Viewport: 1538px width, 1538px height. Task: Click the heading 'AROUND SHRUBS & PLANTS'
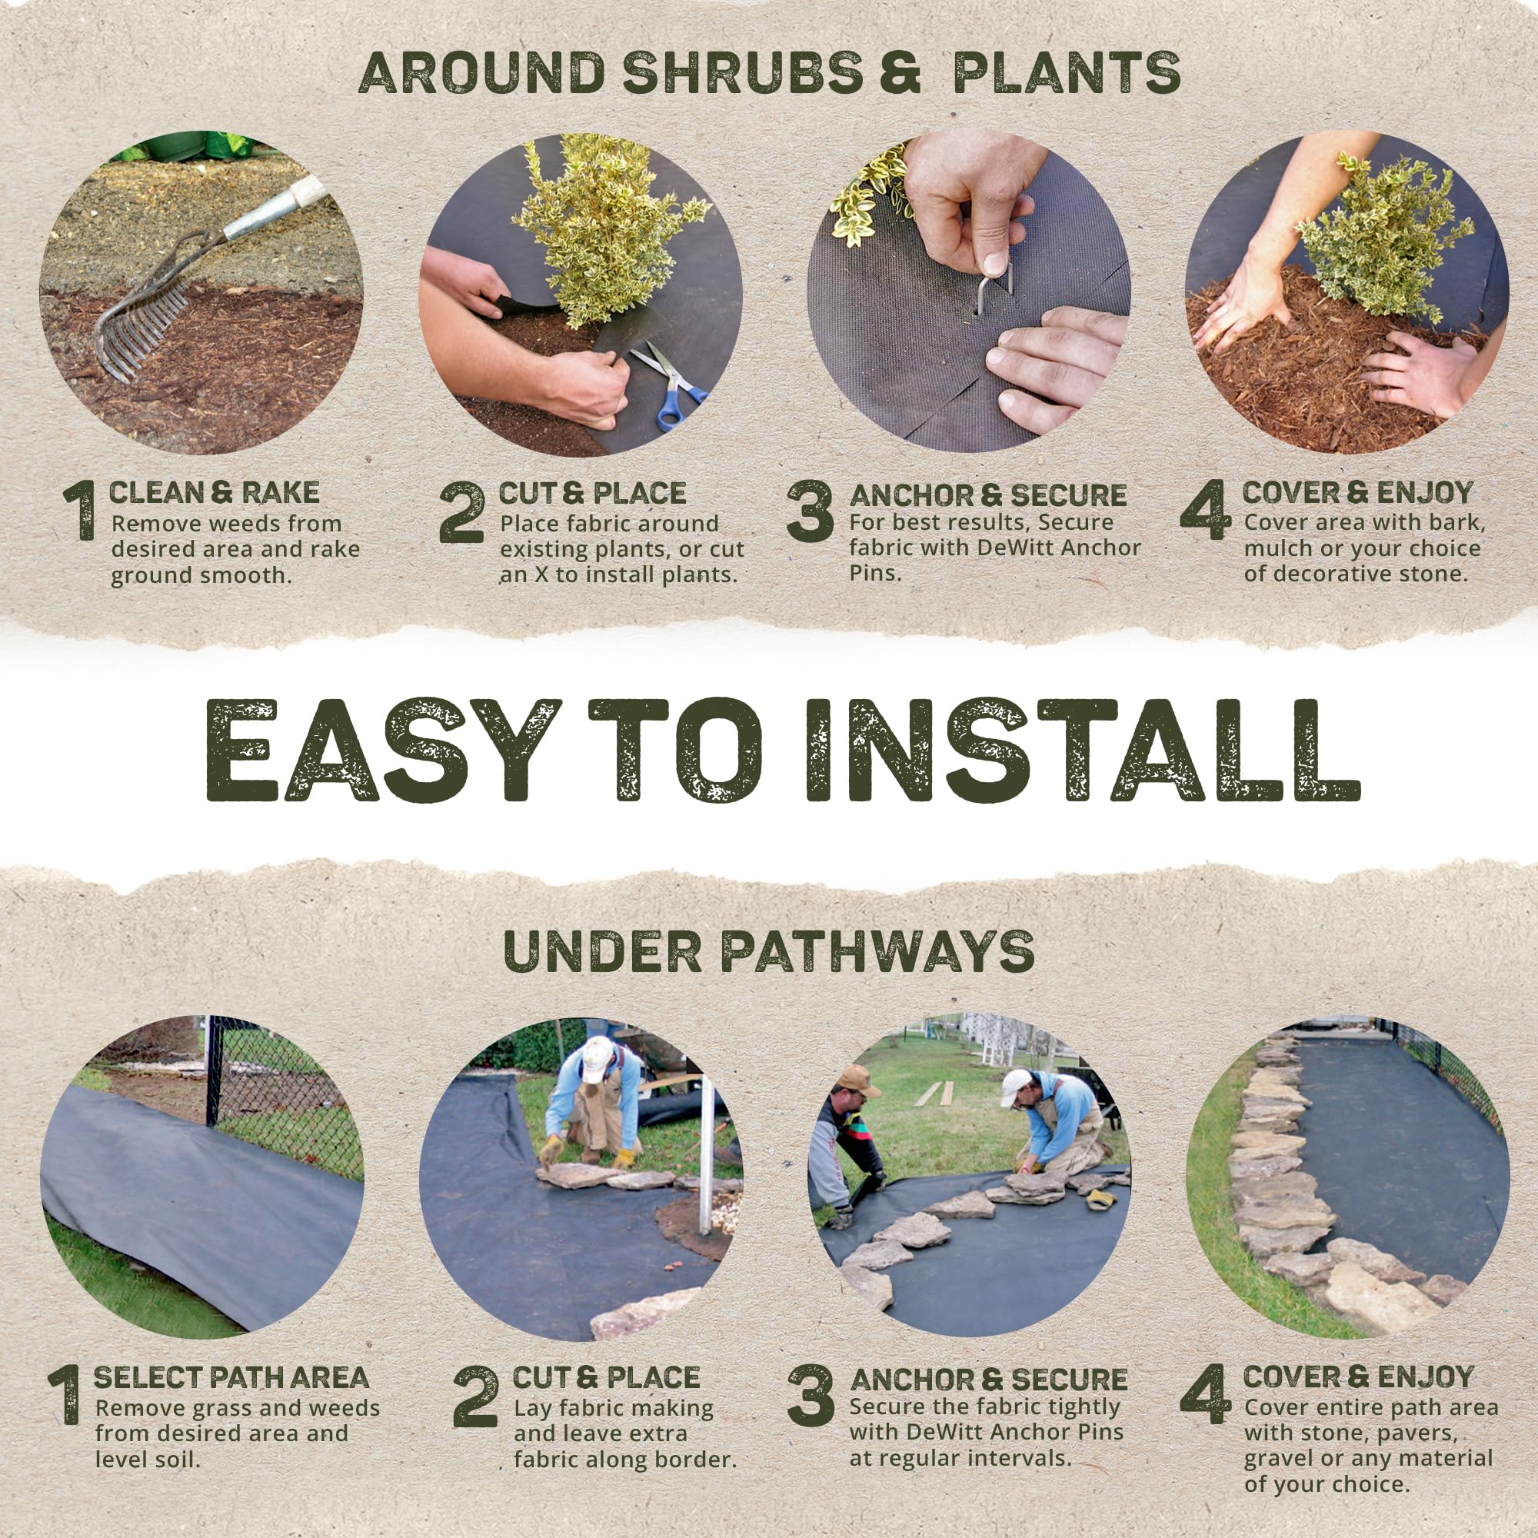[x=769, y=73]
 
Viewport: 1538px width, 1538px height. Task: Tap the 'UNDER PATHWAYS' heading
[x=769, y=951]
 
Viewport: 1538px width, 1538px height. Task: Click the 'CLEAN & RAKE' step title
[x=213, y=493]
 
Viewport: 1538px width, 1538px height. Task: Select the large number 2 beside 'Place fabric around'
[x=461, y=514]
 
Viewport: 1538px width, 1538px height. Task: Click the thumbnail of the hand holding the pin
[x=968, y=293]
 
